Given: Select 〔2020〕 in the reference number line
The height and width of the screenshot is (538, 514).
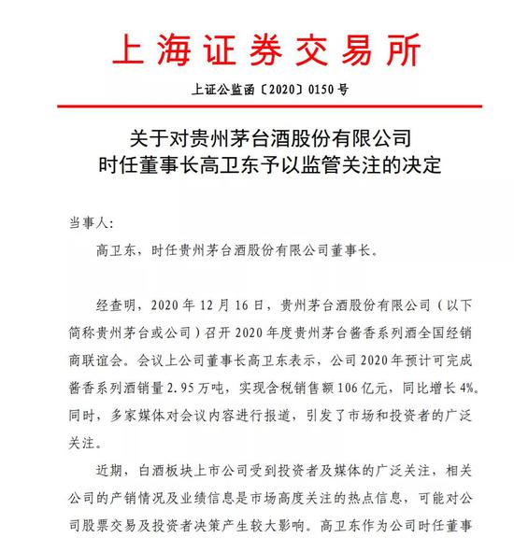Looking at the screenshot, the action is [272, 92].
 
